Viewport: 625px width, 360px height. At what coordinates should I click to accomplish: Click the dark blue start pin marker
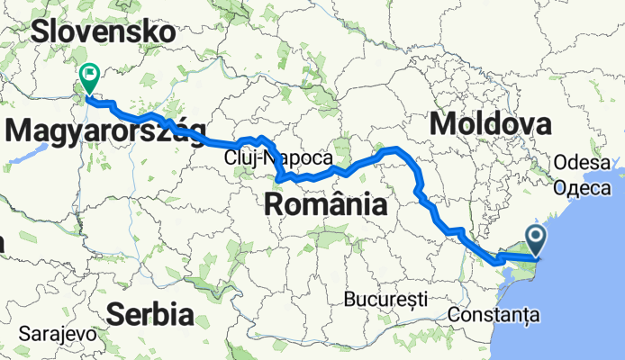[536, 239]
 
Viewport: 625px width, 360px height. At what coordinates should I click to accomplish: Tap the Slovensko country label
[103, 32]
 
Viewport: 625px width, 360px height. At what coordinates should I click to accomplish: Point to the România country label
[326, 205]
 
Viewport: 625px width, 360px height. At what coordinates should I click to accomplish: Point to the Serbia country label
[150, 314]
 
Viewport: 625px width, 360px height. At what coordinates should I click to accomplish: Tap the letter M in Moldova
[444, 123]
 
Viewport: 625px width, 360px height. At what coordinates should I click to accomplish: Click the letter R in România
[275, 205]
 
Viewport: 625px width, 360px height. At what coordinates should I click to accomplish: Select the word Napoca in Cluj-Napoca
[288, 158]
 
